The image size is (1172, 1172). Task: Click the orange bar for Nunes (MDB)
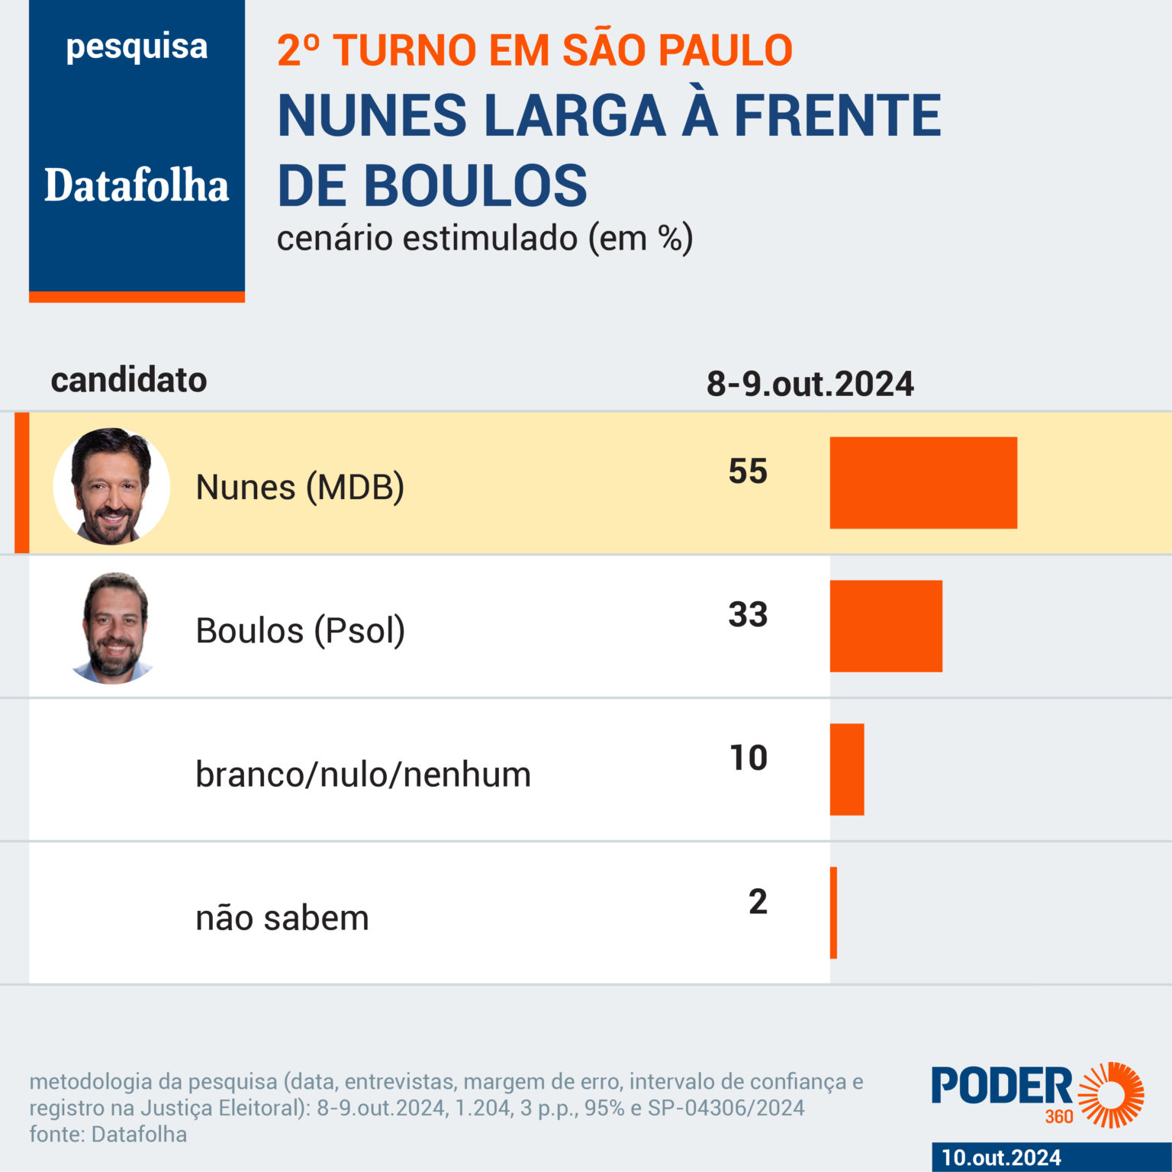click(923, 482)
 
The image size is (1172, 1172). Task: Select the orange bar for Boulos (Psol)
click(886, 626)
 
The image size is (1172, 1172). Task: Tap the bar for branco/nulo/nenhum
click(847, 769)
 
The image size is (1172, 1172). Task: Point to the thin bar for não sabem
click(834, 913)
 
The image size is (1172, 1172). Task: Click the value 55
click(748, 472)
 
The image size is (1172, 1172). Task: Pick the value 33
click(748, 615)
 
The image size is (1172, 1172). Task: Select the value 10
click(749, 758)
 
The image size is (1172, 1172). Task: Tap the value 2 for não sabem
click(758, 902)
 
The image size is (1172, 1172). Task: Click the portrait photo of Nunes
click(111, 486)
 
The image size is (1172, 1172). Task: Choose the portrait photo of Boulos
click(114, 628)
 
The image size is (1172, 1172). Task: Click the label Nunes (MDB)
click(300, 488)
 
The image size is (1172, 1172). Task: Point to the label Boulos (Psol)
click(300, 631)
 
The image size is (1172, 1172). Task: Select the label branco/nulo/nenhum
click(363, 774)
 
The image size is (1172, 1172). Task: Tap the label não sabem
click(282, 918)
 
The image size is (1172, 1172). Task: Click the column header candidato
click(129, 380)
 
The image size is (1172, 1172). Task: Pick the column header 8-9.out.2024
click(810, 384)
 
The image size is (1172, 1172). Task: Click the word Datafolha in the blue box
click(137, 185)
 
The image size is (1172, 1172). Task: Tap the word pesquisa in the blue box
click(137, 47)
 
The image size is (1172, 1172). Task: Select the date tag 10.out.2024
click(1001, 1158)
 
